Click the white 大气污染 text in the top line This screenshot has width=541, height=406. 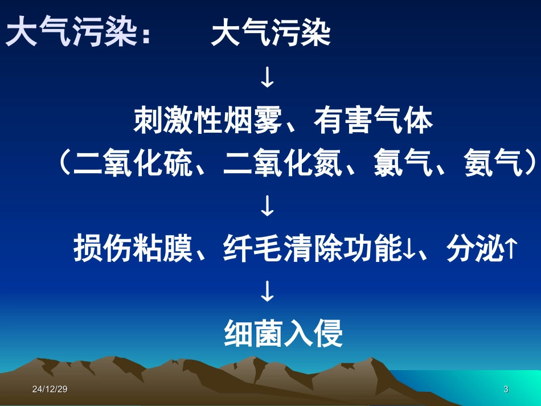(270, 34)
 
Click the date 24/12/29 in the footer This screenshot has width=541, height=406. (50, 389)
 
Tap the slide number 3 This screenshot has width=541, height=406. (506, 389)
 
